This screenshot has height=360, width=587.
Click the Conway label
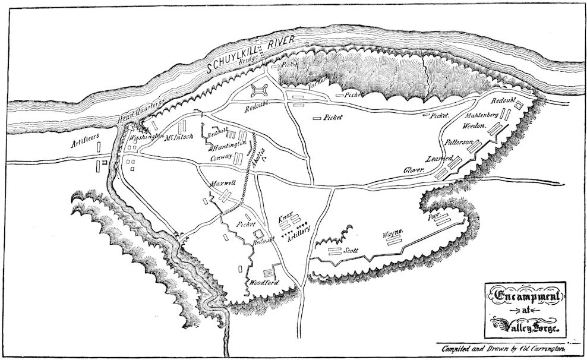[220, 159]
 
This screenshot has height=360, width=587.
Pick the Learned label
[440, 159]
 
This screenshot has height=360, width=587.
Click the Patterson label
[459, 143]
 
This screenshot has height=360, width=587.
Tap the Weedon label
[476, 127]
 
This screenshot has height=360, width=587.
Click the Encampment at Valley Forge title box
[525, 308]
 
